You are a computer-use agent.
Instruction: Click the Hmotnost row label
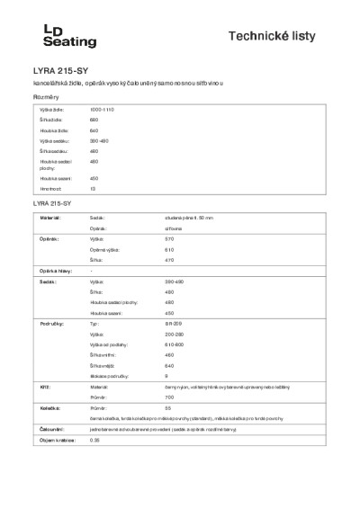tap(50, 190)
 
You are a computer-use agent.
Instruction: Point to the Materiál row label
tap(49, 218)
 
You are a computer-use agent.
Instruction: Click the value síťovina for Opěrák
tap(175, 229)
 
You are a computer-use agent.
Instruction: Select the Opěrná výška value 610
tap(169, 250)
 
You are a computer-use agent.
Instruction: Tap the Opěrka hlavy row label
tap(55, 271)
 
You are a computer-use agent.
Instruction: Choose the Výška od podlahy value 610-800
tap(175, 344)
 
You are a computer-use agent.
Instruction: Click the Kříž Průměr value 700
tap(169, 397)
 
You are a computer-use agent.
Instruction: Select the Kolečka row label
tap(49, 407)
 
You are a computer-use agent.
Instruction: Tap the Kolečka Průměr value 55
tap(168, 407)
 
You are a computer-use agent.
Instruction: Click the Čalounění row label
tap(50, 429)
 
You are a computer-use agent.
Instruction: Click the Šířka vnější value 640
tap(169, 365)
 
